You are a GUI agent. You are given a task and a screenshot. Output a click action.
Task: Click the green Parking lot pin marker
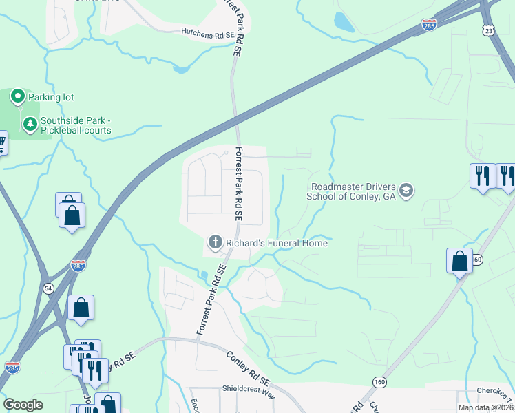tap(18, 97)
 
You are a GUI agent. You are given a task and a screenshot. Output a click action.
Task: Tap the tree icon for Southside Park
tap(30, 124)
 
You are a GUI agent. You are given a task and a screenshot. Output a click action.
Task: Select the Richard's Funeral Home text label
tap(276, 243)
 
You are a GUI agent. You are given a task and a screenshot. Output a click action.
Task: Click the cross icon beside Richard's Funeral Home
tap(215, 242)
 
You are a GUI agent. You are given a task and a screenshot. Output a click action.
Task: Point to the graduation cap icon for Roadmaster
tap(406, 190)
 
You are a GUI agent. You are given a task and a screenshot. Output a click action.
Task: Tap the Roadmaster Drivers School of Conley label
tap(354, 191)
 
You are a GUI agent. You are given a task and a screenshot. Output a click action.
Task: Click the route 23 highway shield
tap(488, 30)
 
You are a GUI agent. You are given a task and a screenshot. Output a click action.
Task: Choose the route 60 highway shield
tap(478, 259)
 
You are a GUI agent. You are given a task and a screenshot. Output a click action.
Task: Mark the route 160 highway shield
tap(379, 381)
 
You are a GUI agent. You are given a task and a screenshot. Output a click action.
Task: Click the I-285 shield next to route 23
tap(429, 25)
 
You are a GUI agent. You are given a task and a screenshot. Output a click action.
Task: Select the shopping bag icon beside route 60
tap(459, 262)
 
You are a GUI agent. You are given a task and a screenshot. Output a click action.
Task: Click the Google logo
tap(23, 405)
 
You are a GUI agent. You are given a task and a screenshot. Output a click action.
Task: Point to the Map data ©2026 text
tap(485, 407)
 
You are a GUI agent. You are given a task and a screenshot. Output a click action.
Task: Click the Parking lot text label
tap(51, 98)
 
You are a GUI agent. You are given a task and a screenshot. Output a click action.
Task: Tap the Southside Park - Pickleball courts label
tap(75, 125)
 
